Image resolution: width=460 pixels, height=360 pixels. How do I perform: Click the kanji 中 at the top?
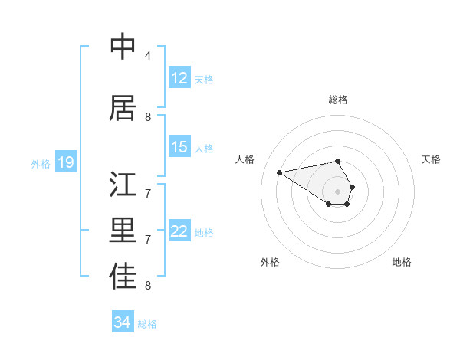click(x=123, y=47)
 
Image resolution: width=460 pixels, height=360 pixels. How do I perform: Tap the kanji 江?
click(x=123, y=185)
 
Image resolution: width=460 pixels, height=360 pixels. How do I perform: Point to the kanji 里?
click(x=123, y=231)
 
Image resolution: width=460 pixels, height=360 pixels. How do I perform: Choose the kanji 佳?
click(x=123, y=277)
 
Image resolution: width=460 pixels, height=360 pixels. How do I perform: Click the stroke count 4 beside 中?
click(x=148, y=56)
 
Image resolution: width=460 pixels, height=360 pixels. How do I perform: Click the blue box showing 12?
click(x=179, y=78)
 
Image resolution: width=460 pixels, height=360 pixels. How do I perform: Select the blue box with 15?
click(x=179, y=147)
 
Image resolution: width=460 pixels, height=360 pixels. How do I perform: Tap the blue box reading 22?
click(x=179, y=231)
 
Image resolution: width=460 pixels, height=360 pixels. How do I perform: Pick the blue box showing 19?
click(x=65, y=162)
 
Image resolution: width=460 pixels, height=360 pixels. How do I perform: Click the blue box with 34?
click(x=122, y=322)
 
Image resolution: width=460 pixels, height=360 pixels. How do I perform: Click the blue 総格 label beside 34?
click(x=147, y=324)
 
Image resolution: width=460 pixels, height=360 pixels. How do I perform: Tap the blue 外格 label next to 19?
click(x=40, y=163)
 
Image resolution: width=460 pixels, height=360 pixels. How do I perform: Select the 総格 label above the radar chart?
click(x=338, y=100)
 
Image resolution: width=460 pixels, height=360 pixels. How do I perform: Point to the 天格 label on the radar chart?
click(x=431, y=159)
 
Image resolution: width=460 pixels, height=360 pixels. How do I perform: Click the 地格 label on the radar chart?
click(x=402, y=262)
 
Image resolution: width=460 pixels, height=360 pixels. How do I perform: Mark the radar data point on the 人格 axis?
click(x=279, y=172)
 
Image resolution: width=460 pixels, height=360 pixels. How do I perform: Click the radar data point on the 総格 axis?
click(x=338, y=161)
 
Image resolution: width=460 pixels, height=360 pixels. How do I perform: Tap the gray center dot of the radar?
click(x=338, y=191)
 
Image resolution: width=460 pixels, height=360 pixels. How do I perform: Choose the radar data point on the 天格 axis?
click(x=352, y=187)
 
